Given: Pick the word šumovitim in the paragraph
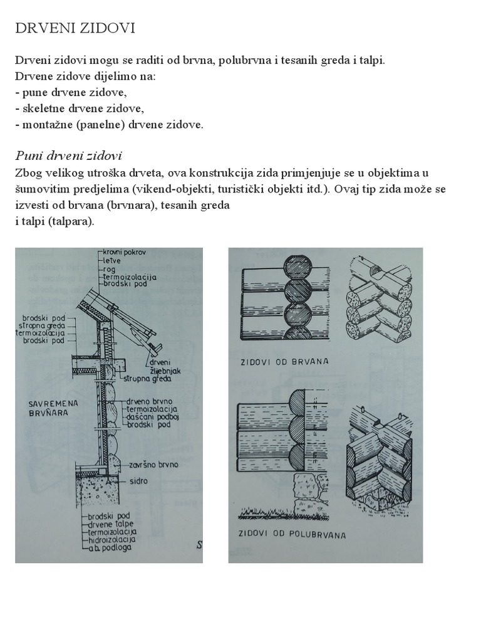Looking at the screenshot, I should point(37,189).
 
